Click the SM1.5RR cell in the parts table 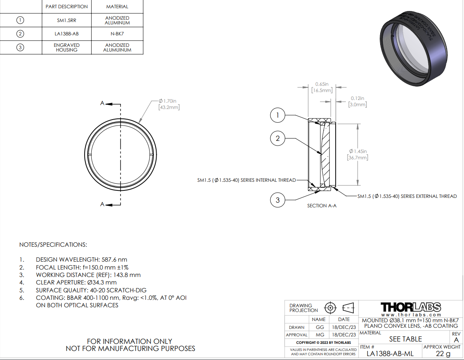(67, 20)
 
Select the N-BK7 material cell (117, 34)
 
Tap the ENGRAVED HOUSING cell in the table (67, 47)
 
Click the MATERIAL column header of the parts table (117, 7)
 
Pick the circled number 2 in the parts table (20, 34)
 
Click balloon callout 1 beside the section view (277, 115)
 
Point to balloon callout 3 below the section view (277, 200)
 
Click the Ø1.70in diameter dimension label (169, 104)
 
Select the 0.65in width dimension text (322, 87)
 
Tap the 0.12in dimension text (357, 101)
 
